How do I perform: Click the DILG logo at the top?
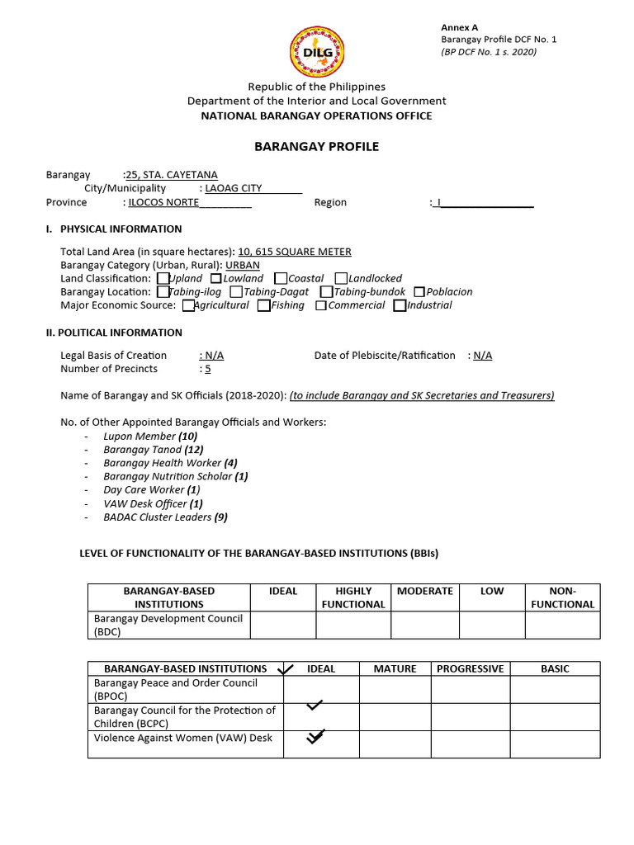[x=317, y=51]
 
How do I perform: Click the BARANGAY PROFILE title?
[x=316, y=146]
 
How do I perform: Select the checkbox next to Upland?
[x=163, y=279]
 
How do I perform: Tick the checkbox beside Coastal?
[x=281, y=279]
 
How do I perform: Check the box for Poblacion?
[x=419, y=292]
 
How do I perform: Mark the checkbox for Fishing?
[x=263, y=305]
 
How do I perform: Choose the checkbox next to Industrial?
[x=400, y=305]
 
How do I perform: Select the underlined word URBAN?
[x=243, y=265]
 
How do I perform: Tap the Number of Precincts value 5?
[x=208, y=369]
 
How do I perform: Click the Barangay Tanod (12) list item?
[x=153, y=450]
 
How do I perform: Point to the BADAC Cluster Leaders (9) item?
[x=165, y=517]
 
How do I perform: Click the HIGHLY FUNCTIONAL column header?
[x=353, y=597]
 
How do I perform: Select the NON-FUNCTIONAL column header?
[x=562, y=597]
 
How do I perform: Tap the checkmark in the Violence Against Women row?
[x=315, y=737]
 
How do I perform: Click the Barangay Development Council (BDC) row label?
[x=168, y=625]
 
